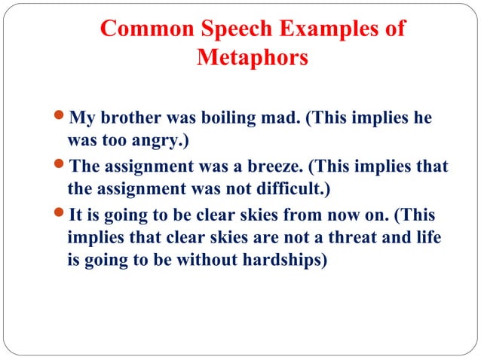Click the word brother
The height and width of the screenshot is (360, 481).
(127, 120)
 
